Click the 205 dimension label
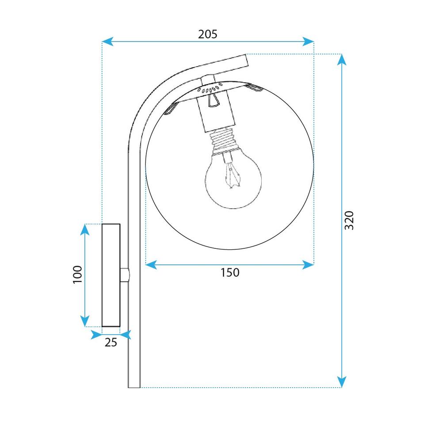point(208,34)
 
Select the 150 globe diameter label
point(229,273)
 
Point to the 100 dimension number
point(77,274)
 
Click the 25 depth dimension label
point(111,342)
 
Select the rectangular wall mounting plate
point(111,274)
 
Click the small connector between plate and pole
point(125,274)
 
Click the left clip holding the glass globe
point(171,109)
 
